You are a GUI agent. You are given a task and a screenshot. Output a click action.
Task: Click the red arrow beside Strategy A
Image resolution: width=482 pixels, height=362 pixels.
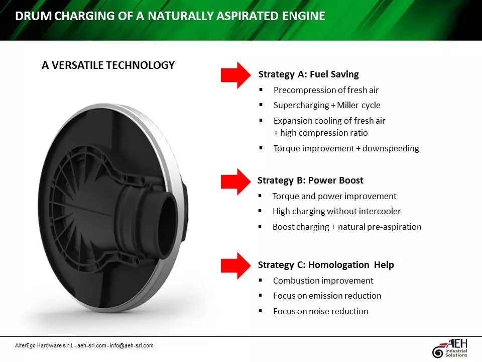point(235,75)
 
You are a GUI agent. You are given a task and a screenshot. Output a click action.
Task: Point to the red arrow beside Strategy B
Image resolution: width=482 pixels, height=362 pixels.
point(235,182)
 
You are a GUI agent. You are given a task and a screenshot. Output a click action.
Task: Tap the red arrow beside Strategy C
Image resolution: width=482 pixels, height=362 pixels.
point(235,265)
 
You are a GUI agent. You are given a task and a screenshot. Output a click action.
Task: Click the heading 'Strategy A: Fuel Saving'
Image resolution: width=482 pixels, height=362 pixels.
point(308,74)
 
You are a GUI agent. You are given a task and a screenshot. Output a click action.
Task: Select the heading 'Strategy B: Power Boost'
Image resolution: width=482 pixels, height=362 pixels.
point(310,180)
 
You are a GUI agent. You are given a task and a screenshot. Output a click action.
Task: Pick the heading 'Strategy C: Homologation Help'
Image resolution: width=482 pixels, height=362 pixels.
point(326,264)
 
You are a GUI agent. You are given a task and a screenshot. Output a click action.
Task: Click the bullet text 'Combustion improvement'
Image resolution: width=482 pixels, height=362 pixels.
point(323,281)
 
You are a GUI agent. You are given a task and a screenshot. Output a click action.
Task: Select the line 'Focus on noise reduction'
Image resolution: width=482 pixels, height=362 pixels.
point(320,311)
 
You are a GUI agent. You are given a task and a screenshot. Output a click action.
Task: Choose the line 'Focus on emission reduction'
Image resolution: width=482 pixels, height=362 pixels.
point(327,296)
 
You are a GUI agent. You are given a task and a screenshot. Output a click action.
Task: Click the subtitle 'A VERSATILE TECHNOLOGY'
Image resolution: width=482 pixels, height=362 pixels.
point(108,65)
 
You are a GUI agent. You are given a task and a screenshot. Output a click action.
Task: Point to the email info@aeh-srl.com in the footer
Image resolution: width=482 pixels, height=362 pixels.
point(132,345)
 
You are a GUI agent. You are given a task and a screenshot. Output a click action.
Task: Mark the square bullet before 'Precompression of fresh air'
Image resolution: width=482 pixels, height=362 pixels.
point(261,90)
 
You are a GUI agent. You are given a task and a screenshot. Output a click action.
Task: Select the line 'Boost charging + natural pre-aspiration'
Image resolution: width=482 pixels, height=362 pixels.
point(346,227)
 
